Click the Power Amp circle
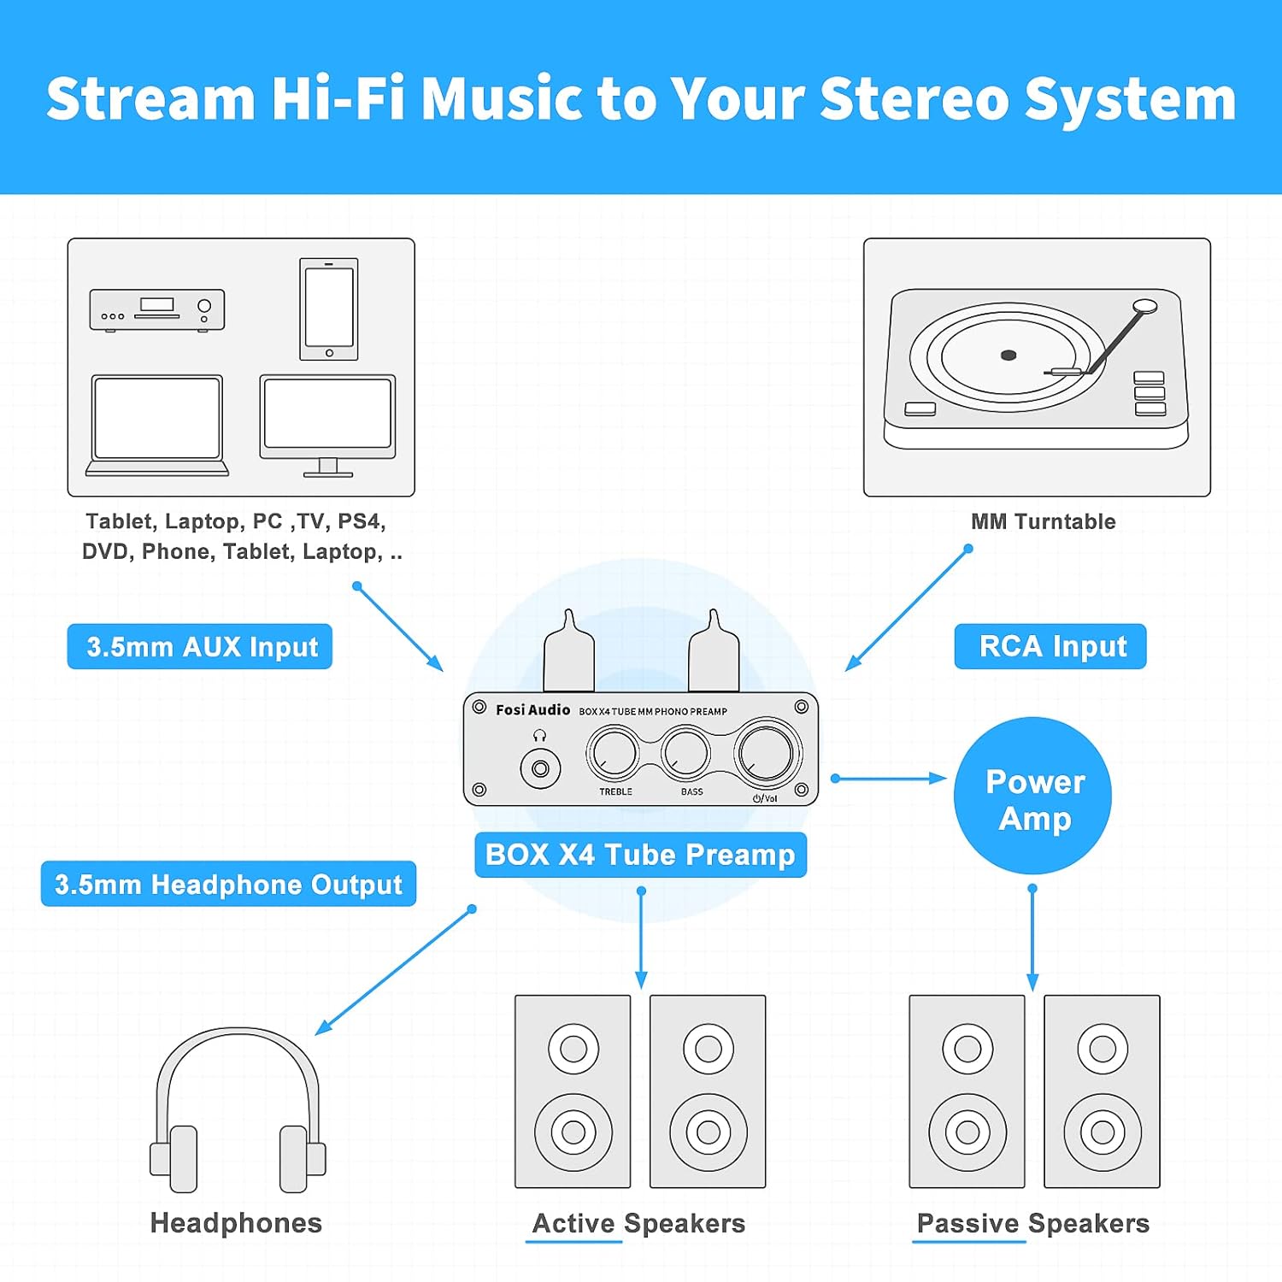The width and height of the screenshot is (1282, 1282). [x=1032, y=796]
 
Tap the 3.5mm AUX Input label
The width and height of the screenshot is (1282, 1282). [x=200, y=647]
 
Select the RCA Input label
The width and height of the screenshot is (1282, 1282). [x=1050, y=647]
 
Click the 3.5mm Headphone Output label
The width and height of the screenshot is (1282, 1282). [x=228, y=884]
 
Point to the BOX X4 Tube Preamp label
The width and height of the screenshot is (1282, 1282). [x=640, y=855]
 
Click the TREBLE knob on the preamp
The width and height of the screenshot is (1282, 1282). [x=614, y=753]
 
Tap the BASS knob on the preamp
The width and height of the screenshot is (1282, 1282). [x=685, y=753]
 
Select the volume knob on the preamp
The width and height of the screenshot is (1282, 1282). [x=767, y=751]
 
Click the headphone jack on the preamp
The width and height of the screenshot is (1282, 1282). [x=540, y=769]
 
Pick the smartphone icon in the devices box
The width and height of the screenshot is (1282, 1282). [x=329, y=309]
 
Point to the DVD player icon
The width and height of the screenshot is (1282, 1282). [x=157, y=309]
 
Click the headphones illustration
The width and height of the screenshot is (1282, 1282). [x=238, y=1111]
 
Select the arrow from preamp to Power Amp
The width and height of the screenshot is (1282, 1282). [x=889, y=779]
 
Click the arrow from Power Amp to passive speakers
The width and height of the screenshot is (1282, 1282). [x=1032, y=938]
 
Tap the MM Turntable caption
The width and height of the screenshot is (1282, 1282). [x=1043, y=521]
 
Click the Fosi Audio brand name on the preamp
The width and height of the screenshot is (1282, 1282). [x=532, y=710]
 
